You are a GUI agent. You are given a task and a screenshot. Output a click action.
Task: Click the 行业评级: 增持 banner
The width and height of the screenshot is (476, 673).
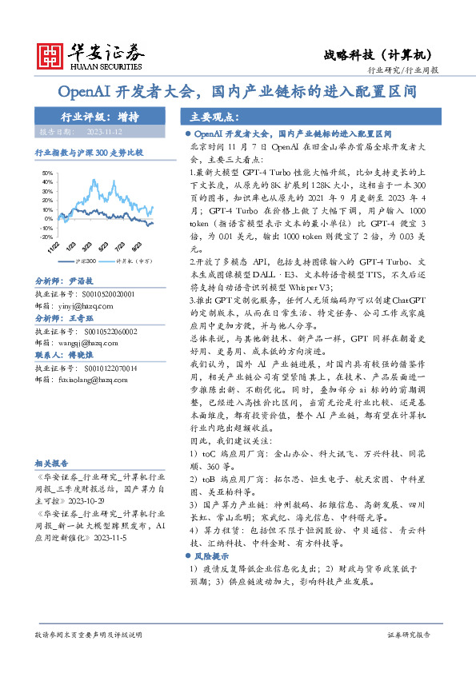[x=100, y=116]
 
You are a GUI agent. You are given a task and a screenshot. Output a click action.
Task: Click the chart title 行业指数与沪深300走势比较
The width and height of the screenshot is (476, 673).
[x=89, y=152]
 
